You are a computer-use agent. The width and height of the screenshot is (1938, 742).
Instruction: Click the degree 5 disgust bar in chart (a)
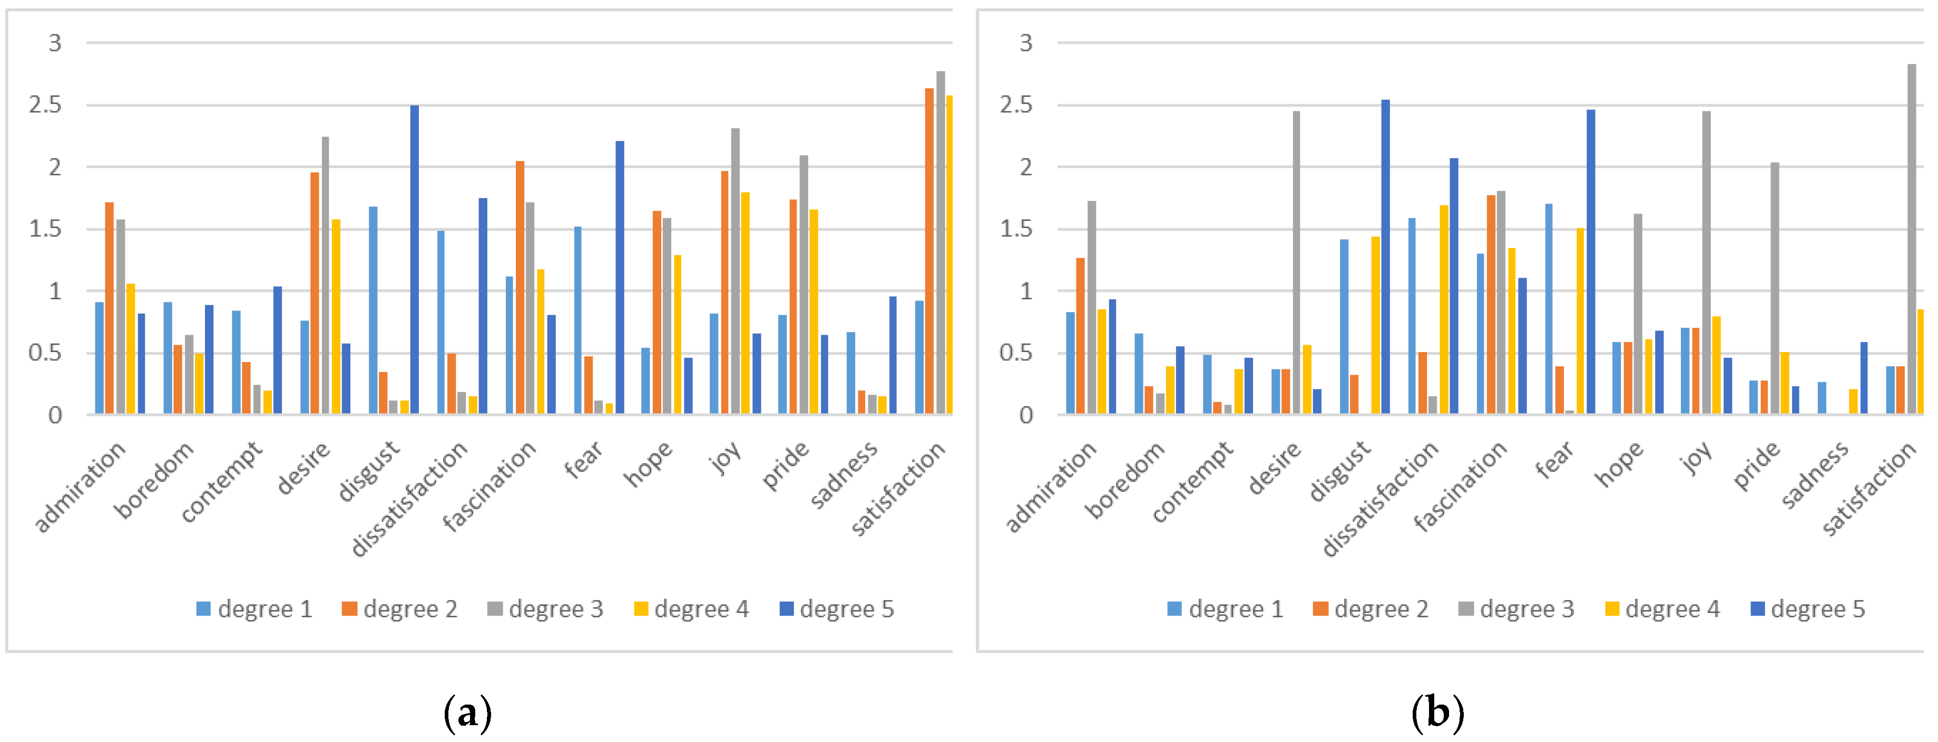(x=415, y=260)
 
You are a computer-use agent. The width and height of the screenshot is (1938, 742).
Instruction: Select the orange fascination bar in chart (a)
(x=520, y=287)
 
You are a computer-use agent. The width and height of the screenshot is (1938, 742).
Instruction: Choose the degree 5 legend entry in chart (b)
(x=1808, y=609)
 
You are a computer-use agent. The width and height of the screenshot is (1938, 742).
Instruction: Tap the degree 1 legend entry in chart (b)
(x=1226, y=609)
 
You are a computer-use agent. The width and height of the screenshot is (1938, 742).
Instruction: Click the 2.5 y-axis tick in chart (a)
(x=45, y=105)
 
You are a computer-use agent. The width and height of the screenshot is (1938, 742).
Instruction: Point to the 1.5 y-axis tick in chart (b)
(x=1016, y=229)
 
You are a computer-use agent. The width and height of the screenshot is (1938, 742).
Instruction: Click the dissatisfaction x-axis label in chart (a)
(x=410, y=498)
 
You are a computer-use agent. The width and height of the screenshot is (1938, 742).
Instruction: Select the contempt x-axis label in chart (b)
(x=1193, y=482)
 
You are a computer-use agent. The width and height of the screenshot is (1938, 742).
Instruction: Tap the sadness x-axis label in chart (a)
(x=844, y=475)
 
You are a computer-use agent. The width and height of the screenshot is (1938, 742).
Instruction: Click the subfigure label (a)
(x=468, y=712)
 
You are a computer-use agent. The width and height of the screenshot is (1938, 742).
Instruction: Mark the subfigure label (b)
(x=1438, y=712)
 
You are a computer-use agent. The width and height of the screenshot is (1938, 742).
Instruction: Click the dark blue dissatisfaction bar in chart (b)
(x=1453, y=286)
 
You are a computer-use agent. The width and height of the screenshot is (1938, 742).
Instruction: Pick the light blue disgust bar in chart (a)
(x=373, y=310)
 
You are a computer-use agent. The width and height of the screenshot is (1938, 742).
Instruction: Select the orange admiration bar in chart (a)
(x=110, y=308)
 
